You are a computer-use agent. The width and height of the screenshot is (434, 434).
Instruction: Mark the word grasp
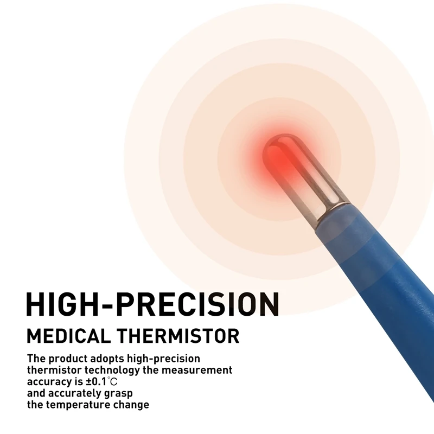(119, 394)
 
